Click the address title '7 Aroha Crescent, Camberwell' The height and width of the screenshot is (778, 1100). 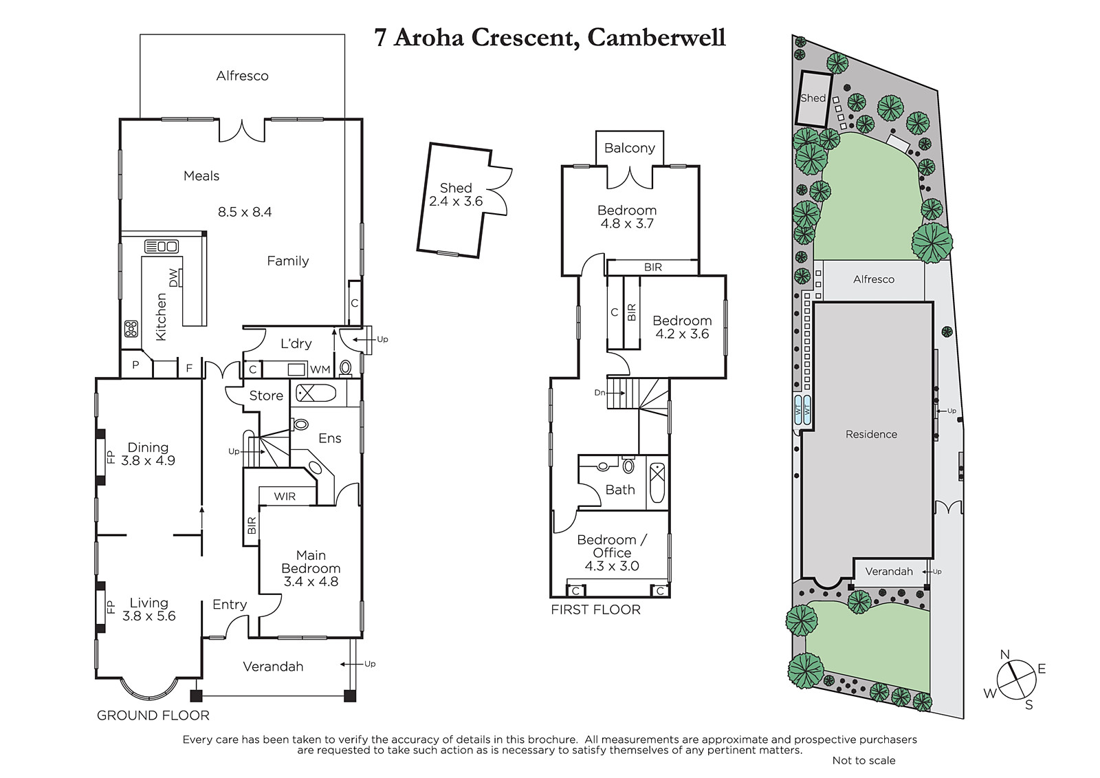coord(549,37)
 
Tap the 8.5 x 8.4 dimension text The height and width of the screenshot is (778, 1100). coord(245,212)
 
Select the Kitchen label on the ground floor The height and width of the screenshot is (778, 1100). coord(161,317)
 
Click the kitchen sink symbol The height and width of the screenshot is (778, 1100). coord(161,246)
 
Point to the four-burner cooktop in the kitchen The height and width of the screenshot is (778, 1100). coord(131,329)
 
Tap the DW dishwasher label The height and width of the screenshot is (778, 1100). coord(173,278)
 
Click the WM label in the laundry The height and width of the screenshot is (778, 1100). coord(320,369)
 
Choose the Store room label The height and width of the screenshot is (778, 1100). coord(266,396)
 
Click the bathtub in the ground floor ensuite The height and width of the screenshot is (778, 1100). coord(316,393)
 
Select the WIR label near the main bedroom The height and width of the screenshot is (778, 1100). coord(285,497)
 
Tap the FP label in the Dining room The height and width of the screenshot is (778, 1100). coord(111,457)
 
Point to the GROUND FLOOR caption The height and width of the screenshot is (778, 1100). coord(153,715)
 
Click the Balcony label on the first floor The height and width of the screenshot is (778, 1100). coord(630,148)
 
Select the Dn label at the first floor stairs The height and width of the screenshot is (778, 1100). coord(599,393)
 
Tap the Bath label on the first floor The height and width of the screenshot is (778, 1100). coord(620,490)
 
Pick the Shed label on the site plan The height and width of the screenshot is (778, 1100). coord(813,98)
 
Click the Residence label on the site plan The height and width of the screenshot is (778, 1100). coord(871,435)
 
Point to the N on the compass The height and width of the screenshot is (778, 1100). coord(1004,655)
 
